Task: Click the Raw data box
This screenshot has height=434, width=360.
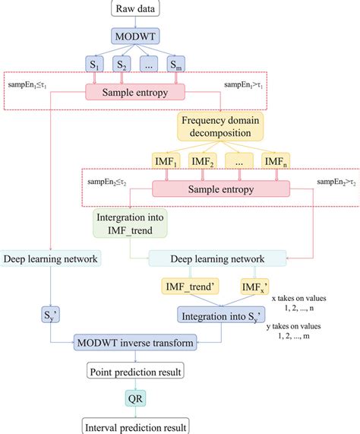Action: [133, 9]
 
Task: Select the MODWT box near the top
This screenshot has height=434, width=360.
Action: [133, 36]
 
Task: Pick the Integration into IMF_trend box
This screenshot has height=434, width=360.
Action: [130, 224]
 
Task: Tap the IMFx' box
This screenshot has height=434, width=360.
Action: [252, 287]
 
